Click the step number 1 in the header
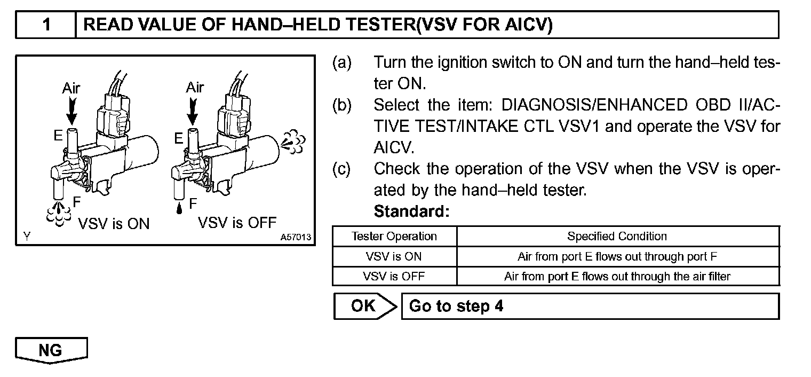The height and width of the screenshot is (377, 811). pyautogui.click(x=46, y=25)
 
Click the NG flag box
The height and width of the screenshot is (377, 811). pyautogui.click(x=51, y=350)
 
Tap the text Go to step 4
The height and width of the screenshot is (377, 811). pyautogui.click(x=456, y=307)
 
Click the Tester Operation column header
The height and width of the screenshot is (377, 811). pyautogui.click(x=394, y=236)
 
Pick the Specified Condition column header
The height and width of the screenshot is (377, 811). pyautogui.click(x=617, y=236)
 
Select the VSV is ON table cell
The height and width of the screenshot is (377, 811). pyautogui.click(x=394, y=256)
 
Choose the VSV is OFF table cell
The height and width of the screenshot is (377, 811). pyautogui.click(x=394, y=277)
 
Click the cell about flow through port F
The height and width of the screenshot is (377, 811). pyautogui.click(x=617, y=256)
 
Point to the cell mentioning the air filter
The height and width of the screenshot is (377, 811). pyautogui.click(x=617, y=277)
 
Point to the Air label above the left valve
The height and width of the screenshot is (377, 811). pyautogui.click(x=71, y=88)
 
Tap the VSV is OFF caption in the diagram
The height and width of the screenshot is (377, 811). pyautogui.click(x=237, y=222)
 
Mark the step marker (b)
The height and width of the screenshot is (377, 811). pyautogui.click(x=342, y=105)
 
